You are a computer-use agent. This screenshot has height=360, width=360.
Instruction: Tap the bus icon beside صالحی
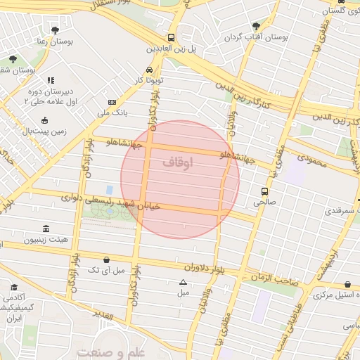tap(264, 191)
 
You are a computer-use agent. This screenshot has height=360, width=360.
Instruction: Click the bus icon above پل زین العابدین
tap(172, 38)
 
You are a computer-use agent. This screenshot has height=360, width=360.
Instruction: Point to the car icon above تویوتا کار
tap(149, 70)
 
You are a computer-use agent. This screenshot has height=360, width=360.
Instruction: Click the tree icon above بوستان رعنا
tap(55, 30)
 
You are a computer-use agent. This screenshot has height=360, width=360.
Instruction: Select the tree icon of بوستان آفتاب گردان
tap(255, 25)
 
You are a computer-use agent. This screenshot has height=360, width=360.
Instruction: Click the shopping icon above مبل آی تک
tap(106, 259)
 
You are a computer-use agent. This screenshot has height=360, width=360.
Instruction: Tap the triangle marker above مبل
tap(184, 282)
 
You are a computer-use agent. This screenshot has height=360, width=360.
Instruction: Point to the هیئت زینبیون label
tap(47, 240)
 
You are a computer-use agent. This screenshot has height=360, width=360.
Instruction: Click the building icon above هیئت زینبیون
tap(46, 229)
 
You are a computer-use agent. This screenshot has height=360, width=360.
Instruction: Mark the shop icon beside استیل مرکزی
tap(349, 285)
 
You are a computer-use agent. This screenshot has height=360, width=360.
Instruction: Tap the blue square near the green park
tap(109, 190)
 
